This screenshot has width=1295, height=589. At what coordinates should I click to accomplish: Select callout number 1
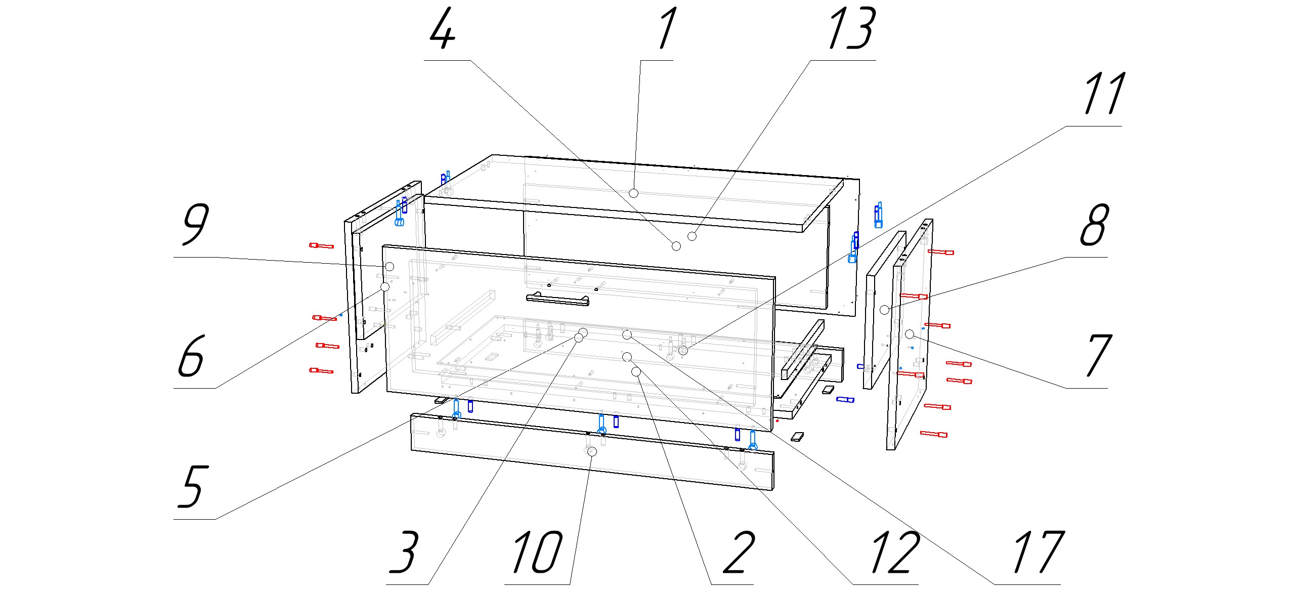coord(667,29)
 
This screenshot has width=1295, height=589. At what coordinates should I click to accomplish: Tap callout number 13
coord(851,29)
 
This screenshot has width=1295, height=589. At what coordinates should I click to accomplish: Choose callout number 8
coord(1094,226)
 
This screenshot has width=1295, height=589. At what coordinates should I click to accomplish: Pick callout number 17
coord(1038,553)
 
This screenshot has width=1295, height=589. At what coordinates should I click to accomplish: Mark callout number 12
coord(894,553)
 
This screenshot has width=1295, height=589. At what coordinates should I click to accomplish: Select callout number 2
coord(739,553)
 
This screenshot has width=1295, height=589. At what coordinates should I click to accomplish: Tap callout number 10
coord(537,553)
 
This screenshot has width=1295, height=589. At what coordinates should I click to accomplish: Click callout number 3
coord(404,553)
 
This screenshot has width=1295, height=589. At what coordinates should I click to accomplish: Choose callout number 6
coord(191,356)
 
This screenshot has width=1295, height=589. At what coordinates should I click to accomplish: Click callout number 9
coord(195,226)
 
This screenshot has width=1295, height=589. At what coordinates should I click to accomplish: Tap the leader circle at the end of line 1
coord(633,193)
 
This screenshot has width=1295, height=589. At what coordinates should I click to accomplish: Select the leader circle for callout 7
coord(910,334)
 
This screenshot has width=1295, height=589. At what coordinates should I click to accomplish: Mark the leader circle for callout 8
coord(884,310)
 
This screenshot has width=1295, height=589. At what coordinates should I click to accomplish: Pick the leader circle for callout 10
coord(592,451)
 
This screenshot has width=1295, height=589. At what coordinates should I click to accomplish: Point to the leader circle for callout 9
coord(390,266)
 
